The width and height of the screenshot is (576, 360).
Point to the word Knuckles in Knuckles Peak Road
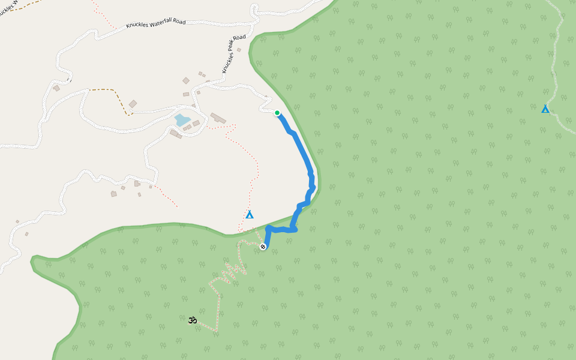pos(227,64)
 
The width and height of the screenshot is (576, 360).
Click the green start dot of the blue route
pos(277,113)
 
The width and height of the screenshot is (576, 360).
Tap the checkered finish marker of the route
pos(263,247)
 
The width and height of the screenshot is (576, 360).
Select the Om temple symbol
pos(193,320)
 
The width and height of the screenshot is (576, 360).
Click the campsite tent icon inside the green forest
pos(545,109)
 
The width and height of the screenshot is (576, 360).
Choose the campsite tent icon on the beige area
pos(250,214)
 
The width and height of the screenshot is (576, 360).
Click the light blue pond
pos(182,119)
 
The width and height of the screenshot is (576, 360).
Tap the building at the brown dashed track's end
pos(133,104)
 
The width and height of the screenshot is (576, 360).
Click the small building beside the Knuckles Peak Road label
pos(239,50)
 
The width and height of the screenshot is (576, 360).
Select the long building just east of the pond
pos(218,118)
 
